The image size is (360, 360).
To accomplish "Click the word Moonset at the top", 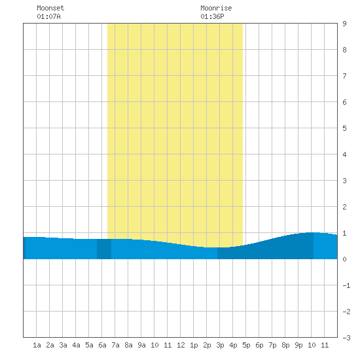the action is (x=50, y=8).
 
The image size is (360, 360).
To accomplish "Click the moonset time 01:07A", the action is (x=48, y=16).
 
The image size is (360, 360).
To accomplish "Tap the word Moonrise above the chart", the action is (x=216, y=8).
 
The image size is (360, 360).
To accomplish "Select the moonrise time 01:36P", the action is (x=212, y=16).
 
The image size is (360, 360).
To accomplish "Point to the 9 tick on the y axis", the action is (x=344, y=24).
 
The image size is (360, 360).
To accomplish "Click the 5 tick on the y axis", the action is (x=344, y=128).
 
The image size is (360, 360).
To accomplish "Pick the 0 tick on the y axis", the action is (x=344, y=259).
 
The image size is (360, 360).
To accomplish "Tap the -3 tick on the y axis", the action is (x=346, y=338).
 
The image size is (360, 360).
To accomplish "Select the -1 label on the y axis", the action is (x=346, y=285).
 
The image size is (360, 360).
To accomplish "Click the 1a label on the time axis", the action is (x=37, y=345).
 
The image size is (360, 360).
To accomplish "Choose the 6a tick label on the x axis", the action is (x=102, y=345).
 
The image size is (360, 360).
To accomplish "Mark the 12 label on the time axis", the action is (x=181, y=345).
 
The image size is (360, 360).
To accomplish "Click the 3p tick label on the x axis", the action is (x=220, y=345).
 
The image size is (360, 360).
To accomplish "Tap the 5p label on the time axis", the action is (x=246, y=345).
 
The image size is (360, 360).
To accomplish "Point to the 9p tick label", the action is (x=298, y=345).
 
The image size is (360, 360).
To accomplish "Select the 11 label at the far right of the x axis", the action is (x=325, y=345).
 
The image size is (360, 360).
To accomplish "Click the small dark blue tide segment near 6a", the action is (x=104, y=249).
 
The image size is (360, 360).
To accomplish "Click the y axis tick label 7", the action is (x=344, y=76).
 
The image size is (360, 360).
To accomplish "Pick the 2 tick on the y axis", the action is (x=344, y=207).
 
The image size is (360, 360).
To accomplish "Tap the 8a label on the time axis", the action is (x=128, y=345).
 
